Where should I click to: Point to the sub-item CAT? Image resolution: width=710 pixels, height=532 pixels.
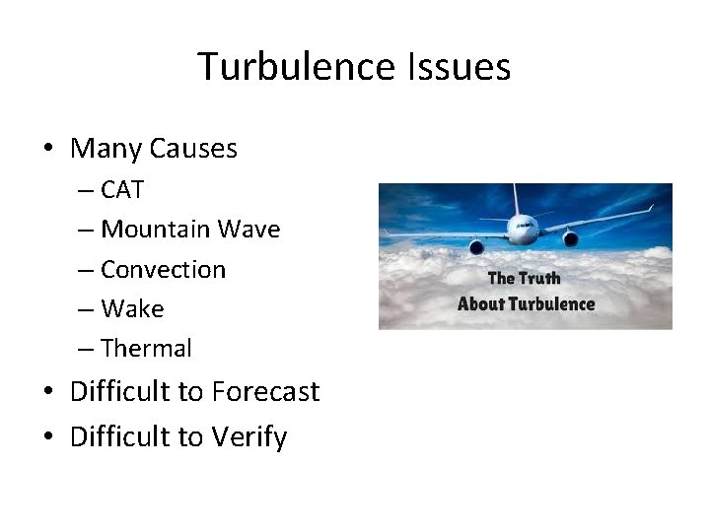tap(122, 190)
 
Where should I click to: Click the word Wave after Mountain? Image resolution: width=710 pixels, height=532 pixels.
tap(249, 230)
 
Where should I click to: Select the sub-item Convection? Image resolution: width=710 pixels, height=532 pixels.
tap(163, 269)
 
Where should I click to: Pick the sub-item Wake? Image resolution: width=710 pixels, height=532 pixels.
tap(132, 308)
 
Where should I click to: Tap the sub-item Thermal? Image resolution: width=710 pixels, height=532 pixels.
tap(146, 349)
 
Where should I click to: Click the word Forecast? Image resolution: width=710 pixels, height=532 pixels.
tap(264, 392)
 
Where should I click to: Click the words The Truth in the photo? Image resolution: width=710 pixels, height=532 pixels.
tap(525, 278)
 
